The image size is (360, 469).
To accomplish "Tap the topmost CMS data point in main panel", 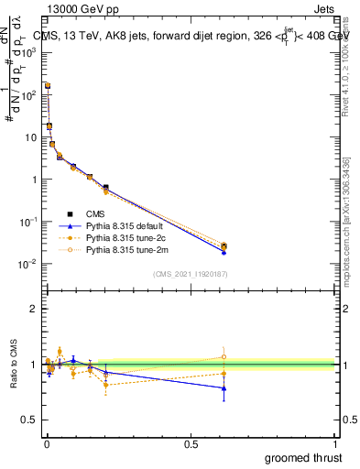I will [48, 85].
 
